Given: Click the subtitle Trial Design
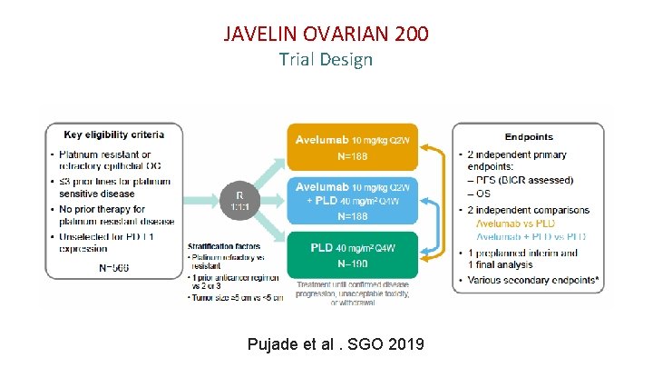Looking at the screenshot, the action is tap(326, 60).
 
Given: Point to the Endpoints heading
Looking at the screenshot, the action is tap(529, 136).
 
